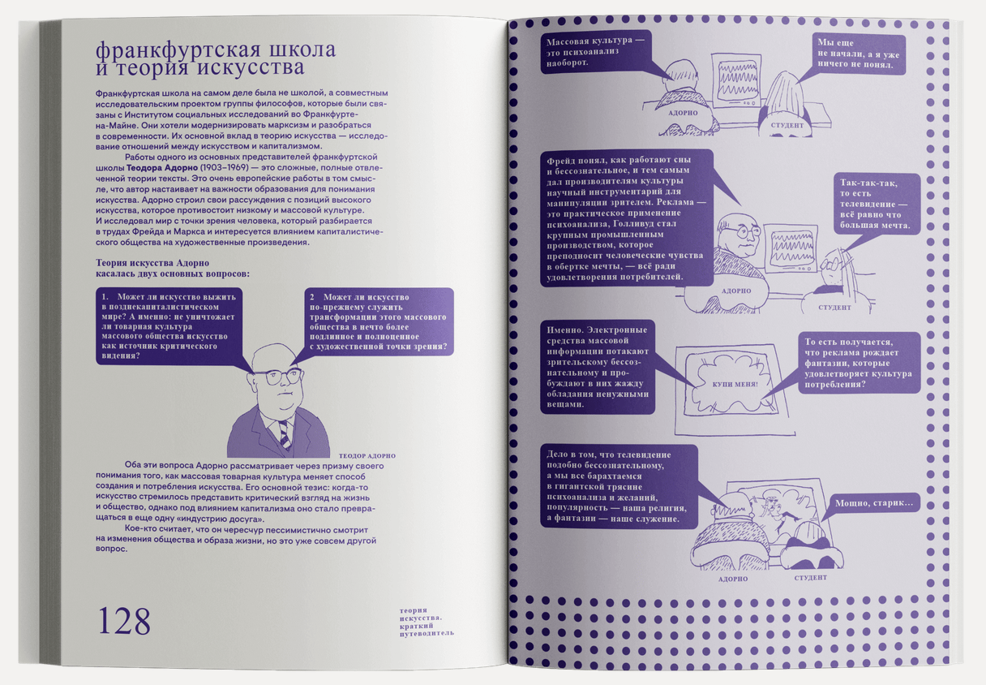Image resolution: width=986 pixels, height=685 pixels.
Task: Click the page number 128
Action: [124, 621]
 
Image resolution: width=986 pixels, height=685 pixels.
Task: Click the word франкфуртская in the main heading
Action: [177, 50]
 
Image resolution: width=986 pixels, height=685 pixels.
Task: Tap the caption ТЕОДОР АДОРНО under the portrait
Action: [367, 456]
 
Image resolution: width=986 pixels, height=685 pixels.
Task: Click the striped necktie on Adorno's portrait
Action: [284, 434]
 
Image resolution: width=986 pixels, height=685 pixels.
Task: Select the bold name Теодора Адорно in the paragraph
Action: [162, 168]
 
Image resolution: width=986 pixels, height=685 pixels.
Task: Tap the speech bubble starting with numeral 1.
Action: [169, 326]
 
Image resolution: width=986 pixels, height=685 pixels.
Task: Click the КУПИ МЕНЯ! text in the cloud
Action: [735, 384]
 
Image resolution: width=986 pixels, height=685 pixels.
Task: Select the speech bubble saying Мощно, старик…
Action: [874, 502]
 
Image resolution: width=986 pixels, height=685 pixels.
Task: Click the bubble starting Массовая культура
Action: [596, 52]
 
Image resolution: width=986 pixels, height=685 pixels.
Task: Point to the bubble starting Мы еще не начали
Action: [859, 54]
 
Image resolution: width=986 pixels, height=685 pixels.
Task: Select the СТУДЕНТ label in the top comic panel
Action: [787, 125]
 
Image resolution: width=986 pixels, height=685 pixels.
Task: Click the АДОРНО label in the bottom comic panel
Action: [732, 579]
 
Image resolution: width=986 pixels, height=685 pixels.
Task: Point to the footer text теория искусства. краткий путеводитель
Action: [427, 622]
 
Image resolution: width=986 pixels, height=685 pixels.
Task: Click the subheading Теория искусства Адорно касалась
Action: [173, 269]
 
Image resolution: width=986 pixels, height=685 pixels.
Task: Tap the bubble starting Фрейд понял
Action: [627, 218]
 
